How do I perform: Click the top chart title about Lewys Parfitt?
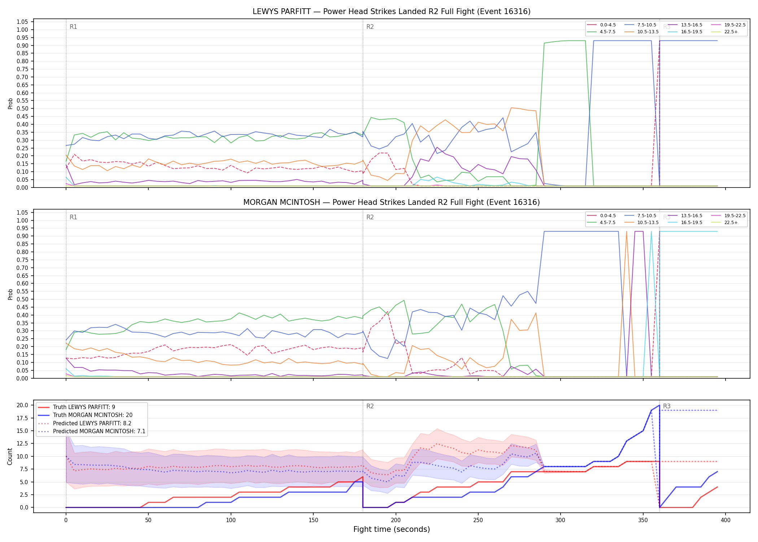391,12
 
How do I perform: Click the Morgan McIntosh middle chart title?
391,202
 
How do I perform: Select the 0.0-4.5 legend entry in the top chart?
601,25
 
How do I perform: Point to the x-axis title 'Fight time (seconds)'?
391,529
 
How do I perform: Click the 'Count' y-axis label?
10,456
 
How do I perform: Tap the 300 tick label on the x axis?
560,520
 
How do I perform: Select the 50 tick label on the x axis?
148,520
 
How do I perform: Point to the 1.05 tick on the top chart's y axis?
22,22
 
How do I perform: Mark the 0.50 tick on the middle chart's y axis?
22,299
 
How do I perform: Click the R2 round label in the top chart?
370,27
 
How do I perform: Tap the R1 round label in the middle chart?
73,217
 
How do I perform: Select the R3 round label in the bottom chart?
667,406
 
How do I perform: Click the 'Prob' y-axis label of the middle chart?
10,294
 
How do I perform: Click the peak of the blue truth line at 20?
659,405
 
